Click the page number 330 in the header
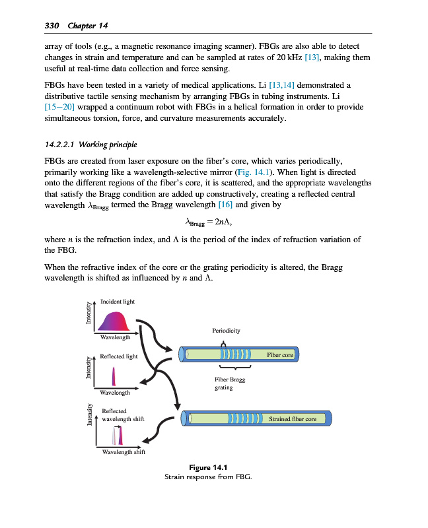tap(52, 25)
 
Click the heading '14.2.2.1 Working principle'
tap(91, 145)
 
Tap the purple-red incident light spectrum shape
tap(116, 321)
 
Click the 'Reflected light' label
tap(120, 356)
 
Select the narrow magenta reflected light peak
tap(114, 377)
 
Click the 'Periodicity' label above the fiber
tap(226, 329)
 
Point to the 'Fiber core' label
tap(279, 355)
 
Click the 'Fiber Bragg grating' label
tap(229, 383)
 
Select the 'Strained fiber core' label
tap(293, 418)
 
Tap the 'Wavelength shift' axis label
tap(124, 452)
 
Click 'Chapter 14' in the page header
tap(87, 25)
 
